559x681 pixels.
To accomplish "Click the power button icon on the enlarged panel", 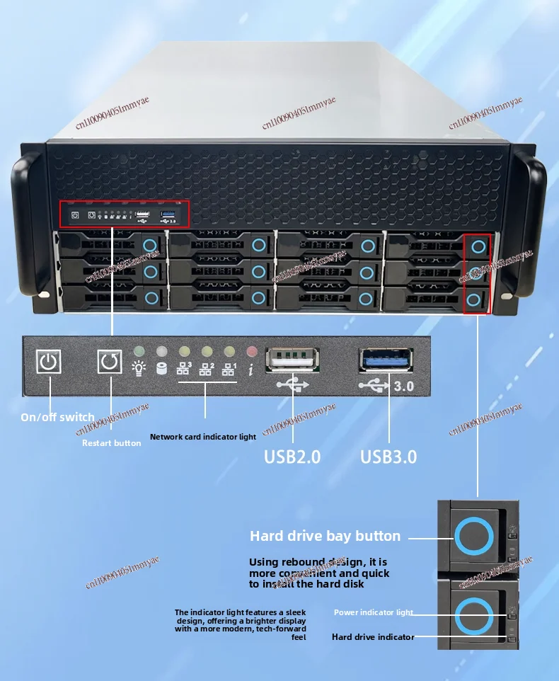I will point(49,362).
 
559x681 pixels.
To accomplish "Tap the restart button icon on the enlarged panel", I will point(110,362).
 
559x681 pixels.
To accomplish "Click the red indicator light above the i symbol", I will point(251,351).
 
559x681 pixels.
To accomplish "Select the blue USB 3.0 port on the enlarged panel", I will point(387,359).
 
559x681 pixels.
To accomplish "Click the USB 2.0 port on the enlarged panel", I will point(292,359).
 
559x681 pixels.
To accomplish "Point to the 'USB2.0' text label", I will point(292,457).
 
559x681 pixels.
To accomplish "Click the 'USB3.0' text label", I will point(388,457).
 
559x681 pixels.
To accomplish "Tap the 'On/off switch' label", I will point(57,417).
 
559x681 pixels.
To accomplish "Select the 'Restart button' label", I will point(112,442).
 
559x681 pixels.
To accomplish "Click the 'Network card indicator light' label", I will point(203,437).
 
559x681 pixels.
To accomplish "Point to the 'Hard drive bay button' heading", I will point(325,536).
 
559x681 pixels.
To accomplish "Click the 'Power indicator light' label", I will point(374,612).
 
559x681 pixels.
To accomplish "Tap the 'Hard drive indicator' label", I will point(373,637).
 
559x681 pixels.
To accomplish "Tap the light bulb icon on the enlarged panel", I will point(139,368).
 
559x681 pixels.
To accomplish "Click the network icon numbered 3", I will point(184,368).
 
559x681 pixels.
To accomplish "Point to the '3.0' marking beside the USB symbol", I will point(403,387).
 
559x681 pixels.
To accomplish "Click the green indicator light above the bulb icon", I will point(139,351).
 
